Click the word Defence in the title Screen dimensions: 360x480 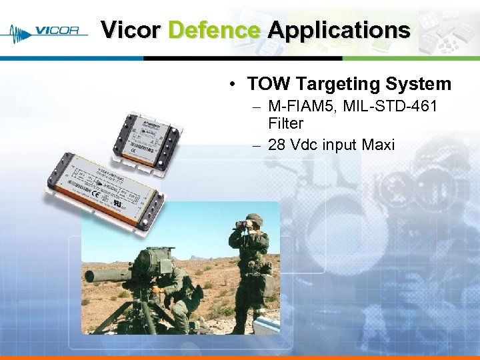click(x=214, y=31)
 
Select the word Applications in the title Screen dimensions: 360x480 click(x=339, y=31)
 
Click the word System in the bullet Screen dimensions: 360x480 click(x=421, y=84)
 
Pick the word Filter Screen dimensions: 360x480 click(x=285, y=123)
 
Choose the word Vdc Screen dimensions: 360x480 click(x=304, y=145)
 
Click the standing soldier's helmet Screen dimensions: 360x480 click(x=253, y=219)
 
